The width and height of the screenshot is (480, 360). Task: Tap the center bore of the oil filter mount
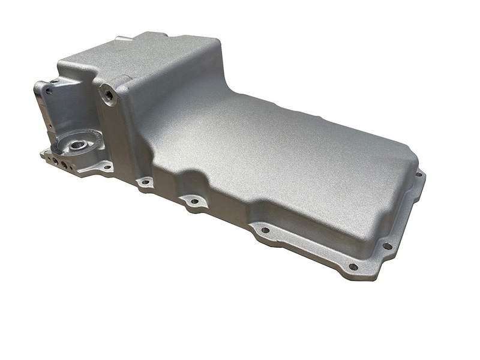click(x=77, y=145)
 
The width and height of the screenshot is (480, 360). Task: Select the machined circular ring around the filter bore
click(x=67, y=142)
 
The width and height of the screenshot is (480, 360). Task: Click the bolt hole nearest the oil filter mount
click(x=106, y=167)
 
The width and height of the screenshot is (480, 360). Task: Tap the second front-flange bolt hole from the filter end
click(x=144, y=181)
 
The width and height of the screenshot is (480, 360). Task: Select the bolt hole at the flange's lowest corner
click(x=353, y=266)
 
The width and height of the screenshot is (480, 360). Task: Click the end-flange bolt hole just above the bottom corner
click(x=387, y=245)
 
